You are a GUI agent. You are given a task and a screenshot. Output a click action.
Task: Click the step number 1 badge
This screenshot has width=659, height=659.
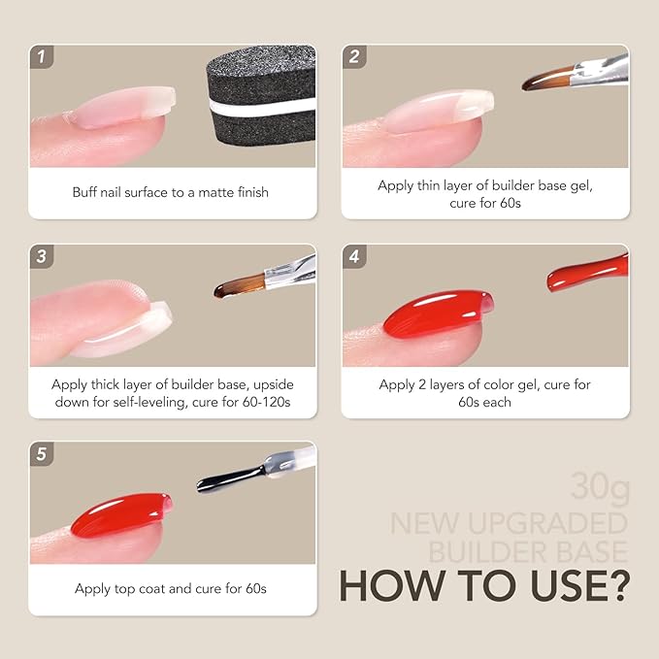41,57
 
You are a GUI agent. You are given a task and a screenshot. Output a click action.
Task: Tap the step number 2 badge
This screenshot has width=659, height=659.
353,57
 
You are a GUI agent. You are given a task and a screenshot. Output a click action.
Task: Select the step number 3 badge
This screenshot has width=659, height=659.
41,256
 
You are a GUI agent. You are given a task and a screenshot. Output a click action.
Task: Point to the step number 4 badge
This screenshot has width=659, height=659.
353,256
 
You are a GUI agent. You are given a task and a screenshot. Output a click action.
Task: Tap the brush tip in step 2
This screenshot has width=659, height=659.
540,84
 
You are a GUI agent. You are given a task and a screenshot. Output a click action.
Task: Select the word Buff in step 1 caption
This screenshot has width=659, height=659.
85,192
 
